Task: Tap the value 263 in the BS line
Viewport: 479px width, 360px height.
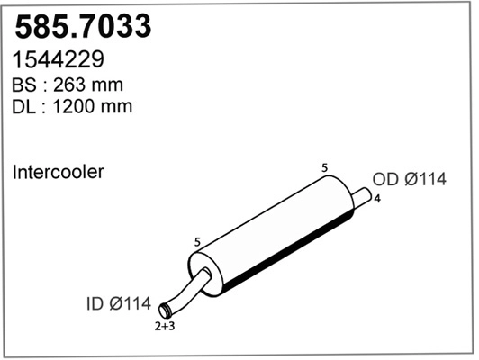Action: pos(71,85)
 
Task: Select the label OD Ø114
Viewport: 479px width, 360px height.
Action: pos(409,180)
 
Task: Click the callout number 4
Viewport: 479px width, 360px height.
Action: pos(375,199)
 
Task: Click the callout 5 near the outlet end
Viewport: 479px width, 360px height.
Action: pos(324,166)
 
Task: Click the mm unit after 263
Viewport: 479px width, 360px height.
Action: pos(108,85)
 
